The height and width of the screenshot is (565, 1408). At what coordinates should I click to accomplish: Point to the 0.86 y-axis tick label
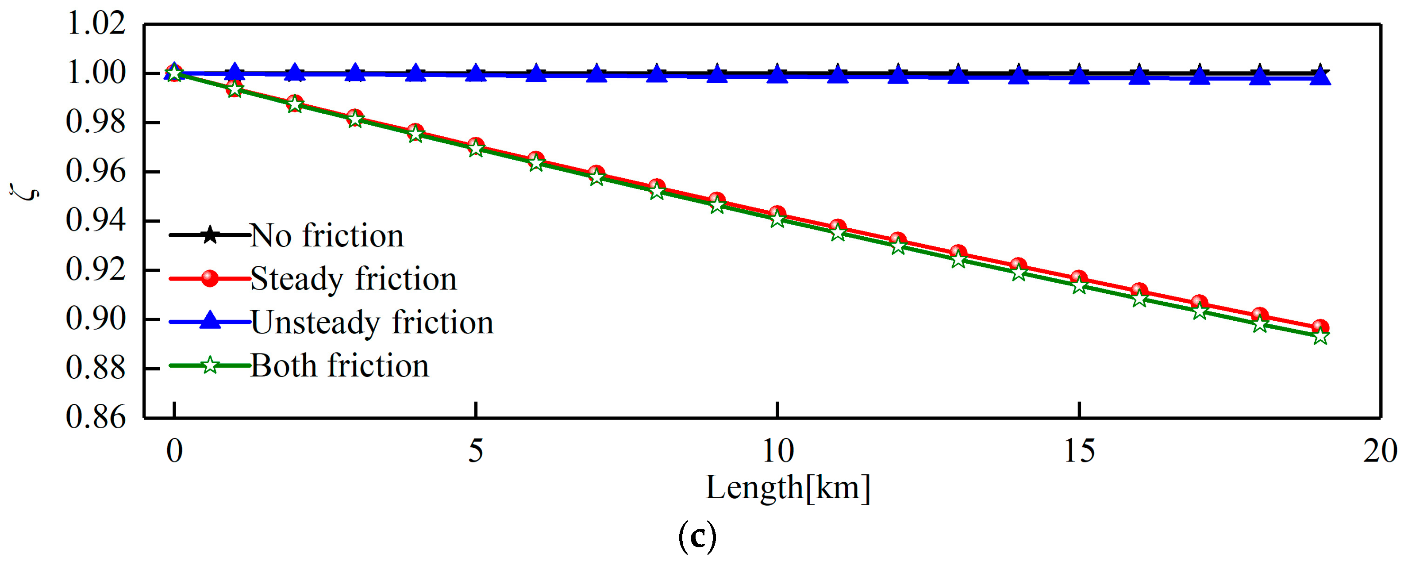[x=96, y=418]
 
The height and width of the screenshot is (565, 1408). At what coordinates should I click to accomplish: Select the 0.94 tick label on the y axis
[x=96, y=221]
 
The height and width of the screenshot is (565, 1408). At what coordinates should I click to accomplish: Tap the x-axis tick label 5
[x=476, y=451]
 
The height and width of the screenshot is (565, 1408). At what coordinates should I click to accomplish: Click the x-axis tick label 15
[x=1079, y=451]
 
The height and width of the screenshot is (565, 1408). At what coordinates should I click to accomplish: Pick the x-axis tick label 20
[x=1380, y=451]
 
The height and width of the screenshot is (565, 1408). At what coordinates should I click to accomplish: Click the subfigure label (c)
[x=697, y=537]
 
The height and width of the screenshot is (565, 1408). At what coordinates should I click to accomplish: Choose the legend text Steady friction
[x=353, y=279]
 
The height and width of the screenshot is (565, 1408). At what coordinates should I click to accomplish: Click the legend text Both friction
[x=339, y=365]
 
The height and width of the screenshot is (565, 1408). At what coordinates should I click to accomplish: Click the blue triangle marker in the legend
[x=210, y=321]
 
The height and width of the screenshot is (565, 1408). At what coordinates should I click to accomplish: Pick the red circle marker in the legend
[x=210, y=278]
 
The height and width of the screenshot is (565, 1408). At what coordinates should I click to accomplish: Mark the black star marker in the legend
[x=210, y=235]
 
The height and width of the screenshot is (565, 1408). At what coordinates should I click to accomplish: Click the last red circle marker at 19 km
[x=1320, y=328]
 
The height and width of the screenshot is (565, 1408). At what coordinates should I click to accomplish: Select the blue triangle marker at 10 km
[x=777, y=75]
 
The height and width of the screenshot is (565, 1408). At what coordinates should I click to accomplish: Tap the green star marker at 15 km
[x=1079, y=286]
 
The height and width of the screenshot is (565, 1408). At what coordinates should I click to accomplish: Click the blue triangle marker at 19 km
[x=1320, y=77]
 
